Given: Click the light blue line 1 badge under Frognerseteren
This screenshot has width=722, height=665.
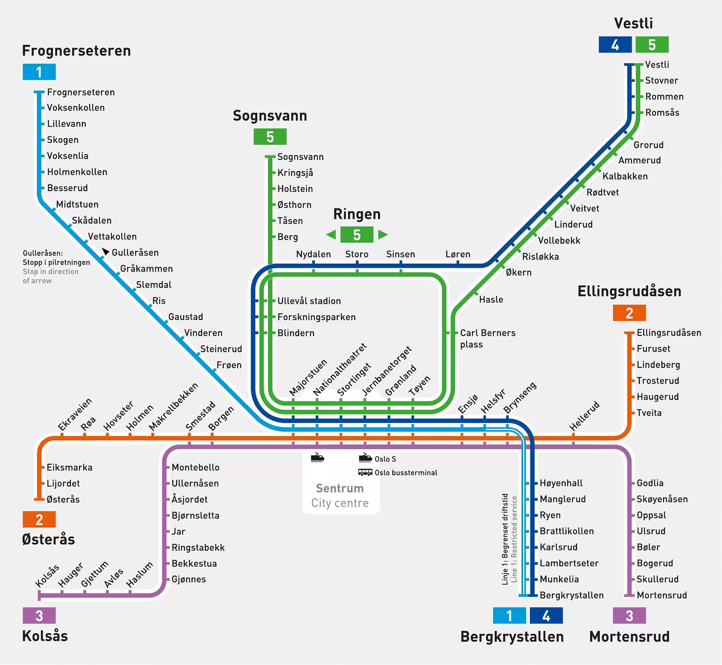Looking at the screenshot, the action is pyautogui.click(x=39, y=72).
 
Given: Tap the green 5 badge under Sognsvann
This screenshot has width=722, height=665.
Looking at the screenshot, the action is pyautogui.click(x=270, y=137).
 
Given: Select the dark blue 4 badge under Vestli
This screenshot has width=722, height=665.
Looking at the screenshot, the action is pyautogui.click(x=615, y=45).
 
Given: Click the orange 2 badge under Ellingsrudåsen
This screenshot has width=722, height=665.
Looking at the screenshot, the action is pyautogui.click(x=629, y=313).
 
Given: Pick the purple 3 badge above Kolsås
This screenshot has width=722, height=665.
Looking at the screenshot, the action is pyautogui.click(x=39, y=615).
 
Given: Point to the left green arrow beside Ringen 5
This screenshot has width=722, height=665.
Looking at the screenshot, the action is pyautogui.click(x=331, y=235).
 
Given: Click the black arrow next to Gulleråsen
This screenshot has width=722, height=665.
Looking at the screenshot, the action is pyautogui.click(x=105, y=251).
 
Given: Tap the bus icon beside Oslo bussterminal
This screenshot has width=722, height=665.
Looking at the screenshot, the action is pyautogui.click(x=365, y=472).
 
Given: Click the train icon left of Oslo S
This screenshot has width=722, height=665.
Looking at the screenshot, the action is pyautogui.click(x=365, y=458).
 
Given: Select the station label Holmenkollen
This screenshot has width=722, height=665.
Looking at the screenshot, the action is pyautogui.click(x=77, y=172).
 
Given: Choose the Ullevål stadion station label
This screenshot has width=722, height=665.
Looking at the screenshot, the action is pyautogui.click(x=309, y=301).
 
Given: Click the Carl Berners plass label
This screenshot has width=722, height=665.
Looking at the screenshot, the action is pyautogui.click(x=488, y=338).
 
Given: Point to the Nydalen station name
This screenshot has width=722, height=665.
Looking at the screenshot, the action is pyautogui.click(x=313, y=254).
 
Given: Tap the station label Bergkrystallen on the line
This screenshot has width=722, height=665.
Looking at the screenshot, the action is pyautogui.click(x=572, y=595).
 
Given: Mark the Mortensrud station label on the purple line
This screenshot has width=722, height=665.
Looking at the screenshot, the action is pyautogui.click(x=661, y=595).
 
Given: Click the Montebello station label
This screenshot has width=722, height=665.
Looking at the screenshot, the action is pyautogui.click(x=196, y=467).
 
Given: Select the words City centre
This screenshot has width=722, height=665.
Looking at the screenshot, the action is pyautogui.click(x=340, y=503).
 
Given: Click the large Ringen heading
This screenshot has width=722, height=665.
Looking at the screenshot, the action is pyautogui.click(x=357, y=214).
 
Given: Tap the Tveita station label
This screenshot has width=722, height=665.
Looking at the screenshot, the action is pyautogui.click(x=649, y=413).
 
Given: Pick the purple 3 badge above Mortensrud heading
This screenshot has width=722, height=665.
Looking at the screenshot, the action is pyautogui.click(x=629, y=615).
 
